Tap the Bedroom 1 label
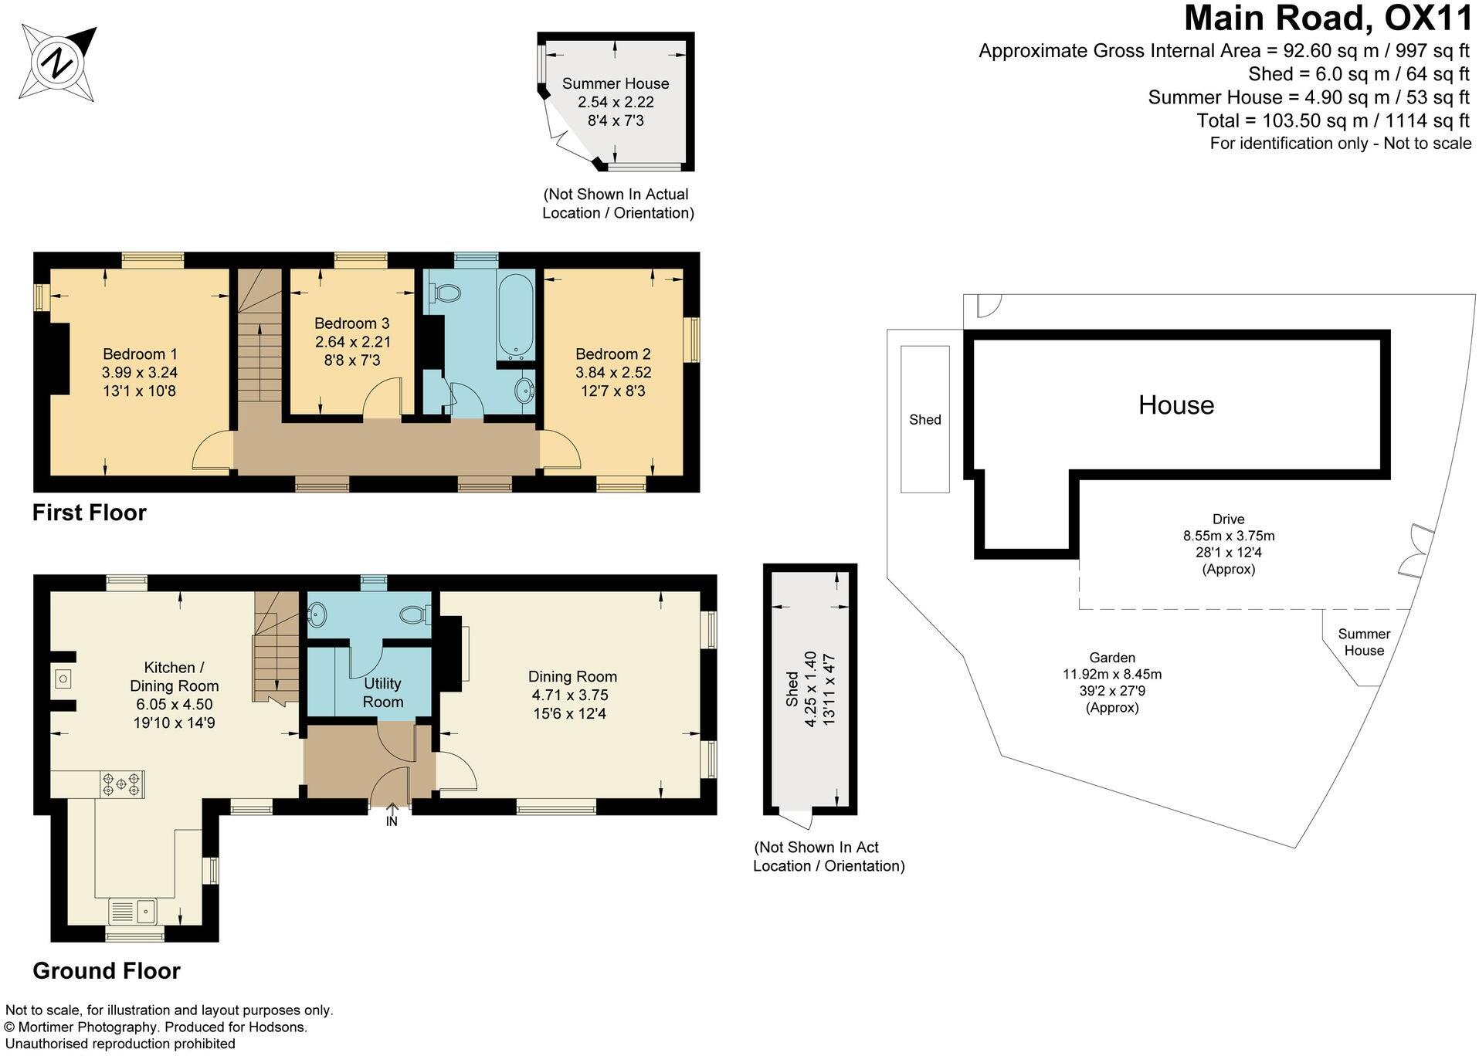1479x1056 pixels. tap(140, 354)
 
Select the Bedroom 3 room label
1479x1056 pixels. tap(351, 323)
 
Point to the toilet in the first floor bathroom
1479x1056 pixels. tap(446, 293)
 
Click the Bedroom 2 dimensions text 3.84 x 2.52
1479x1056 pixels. tap(612, 372)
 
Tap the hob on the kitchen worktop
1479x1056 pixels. tap(122, 784)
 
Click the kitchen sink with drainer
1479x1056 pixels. tap(134, 911)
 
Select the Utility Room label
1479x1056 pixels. tap(382, 692)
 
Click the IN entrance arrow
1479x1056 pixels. tap(392, 815)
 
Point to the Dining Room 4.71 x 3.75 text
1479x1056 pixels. tap(572, 695)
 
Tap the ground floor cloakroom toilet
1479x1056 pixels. tap(414, 614)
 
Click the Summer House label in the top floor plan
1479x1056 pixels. tap(615, 83)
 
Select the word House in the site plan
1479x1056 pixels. tap(1175, 405)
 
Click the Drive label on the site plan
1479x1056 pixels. tap(1228, 520)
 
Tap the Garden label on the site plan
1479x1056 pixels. tap(1111, 658)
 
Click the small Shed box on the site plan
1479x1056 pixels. tap(924, 419)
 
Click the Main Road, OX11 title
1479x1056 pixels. tap(1328, 19)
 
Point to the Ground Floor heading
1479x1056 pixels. tap(107, 970)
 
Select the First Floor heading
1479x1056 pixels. tap(89, 513)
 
